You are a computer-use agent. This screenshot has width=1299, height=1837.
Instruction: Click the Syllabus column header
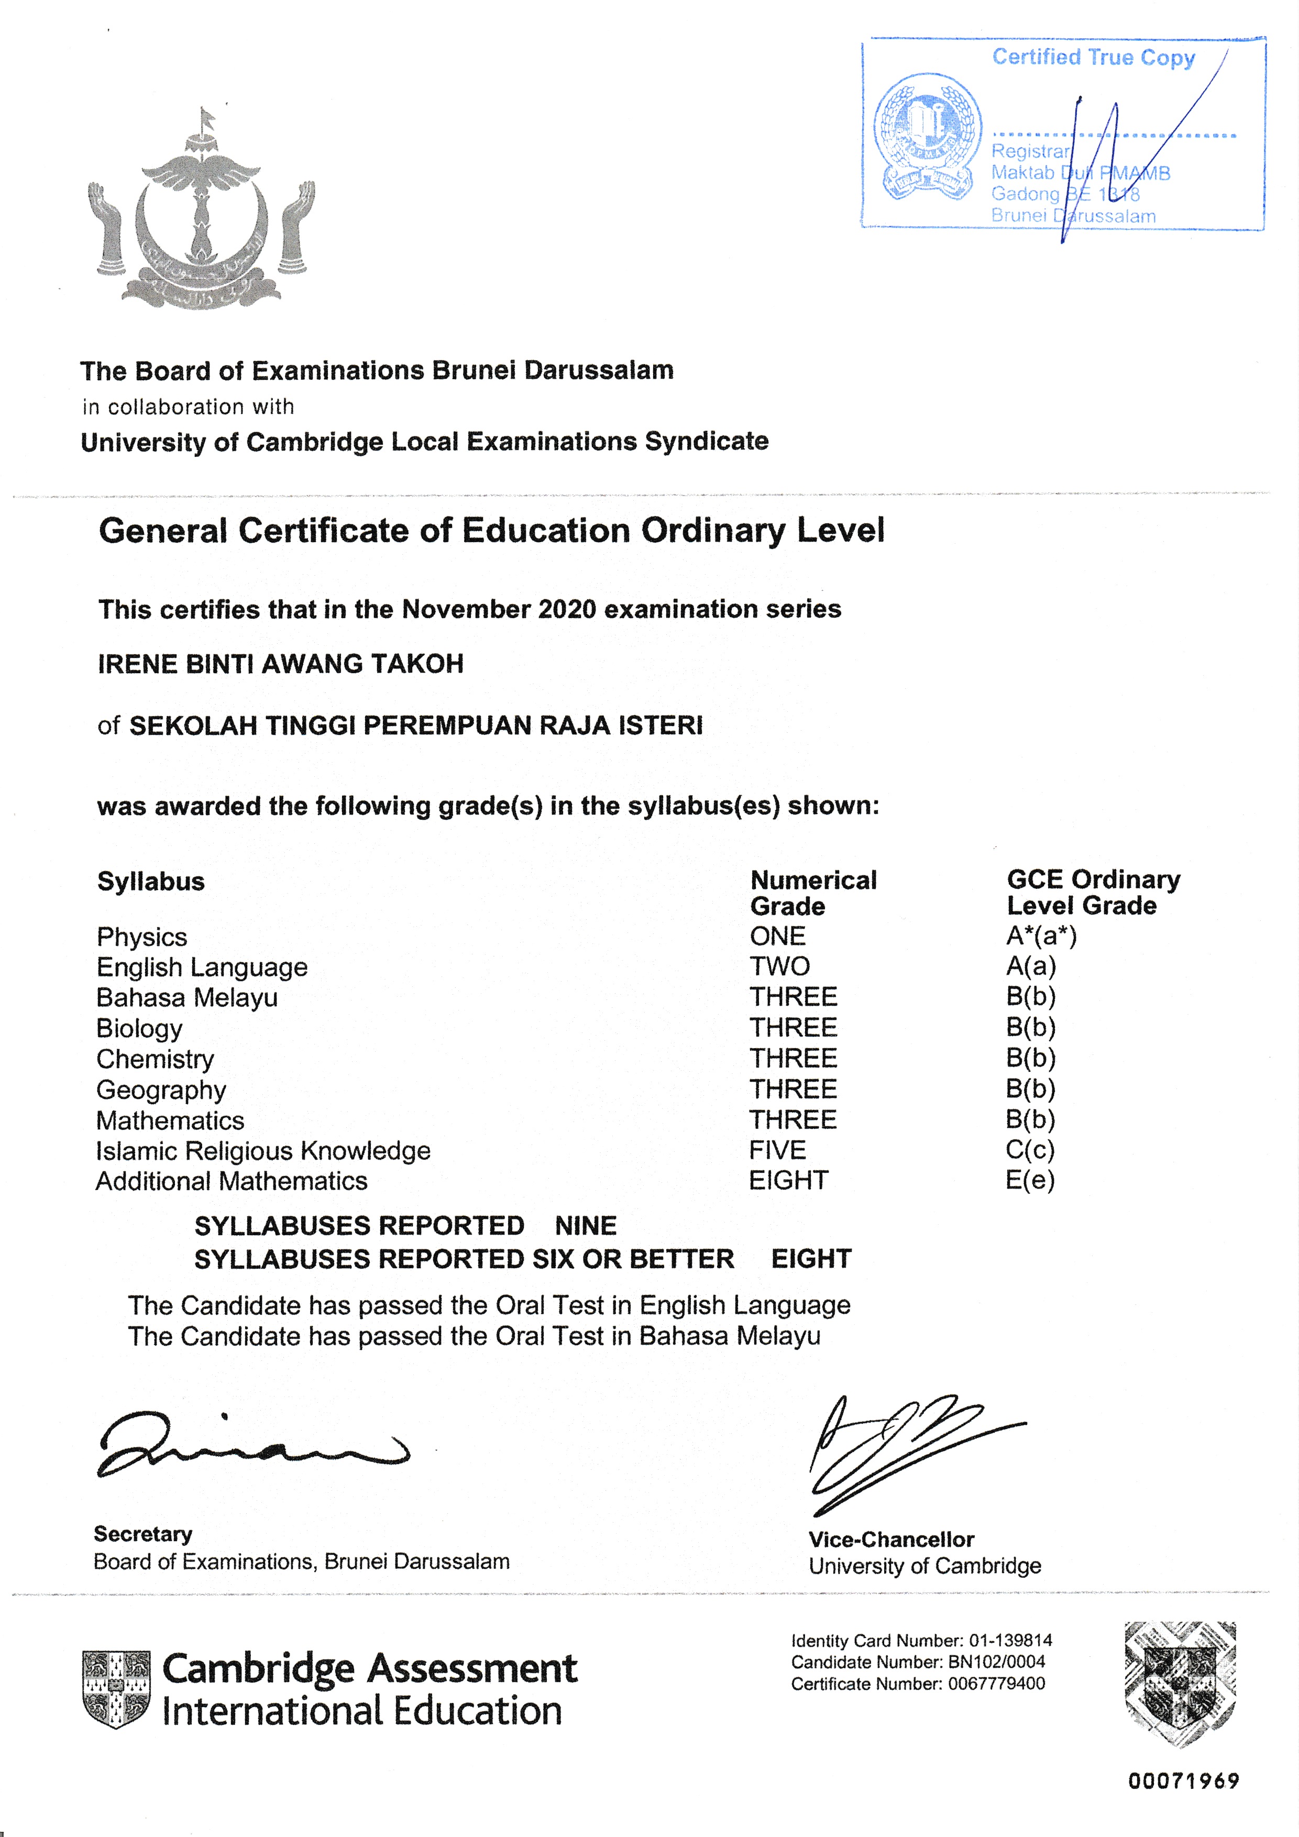click(150, 882)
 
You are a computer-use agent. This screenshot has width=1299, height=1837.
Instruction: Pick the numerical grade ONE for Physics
click(777, 936)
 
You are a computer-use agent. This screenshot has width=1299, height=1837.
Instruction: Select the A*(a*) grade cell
click(1041, 936)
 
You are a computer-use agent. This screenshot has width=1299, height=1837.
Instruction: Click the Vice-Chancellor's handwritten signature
click(904, 1452)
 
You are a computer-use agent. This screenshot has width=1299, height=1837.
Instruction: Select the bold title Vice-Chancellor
click(890, 1540)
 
